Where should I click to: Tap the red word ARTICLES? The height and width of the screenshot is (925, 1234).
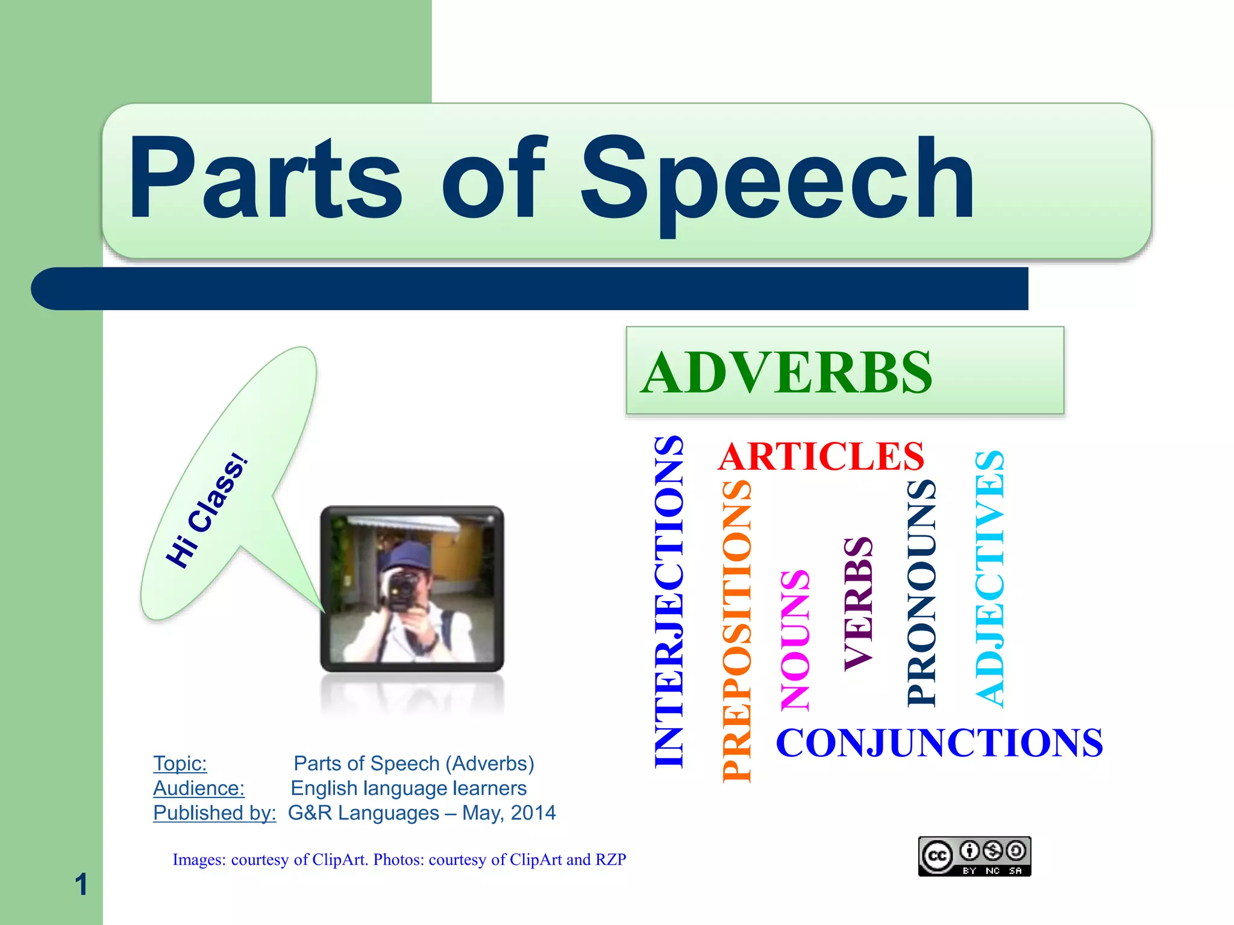821,456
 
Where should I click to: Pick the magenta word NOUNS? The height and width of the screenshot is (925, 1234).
795,640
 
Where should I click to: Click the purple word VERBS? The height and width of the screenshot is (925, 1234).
858,603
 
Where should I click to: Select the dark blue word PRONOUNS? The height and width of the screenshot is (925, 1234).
921,593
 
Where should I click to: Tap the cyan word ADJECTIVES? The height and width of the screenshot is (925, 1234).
989,578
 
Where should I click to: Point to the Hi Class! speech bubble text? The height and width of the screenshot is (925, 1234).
207,511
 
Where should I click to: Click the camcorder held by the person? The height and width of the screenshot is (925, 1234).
400,587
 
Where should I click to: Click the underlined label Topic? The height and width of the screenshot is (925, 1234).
180,764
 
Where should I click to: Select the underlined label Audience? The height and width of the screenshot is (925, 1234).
198,788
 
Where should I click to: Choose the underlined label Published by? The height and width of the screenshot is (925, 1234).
214,813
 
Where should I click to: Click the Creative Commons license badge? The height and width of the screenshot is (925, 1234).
974,856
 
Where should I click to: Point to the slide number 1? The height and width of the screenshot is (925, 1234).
81,885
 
